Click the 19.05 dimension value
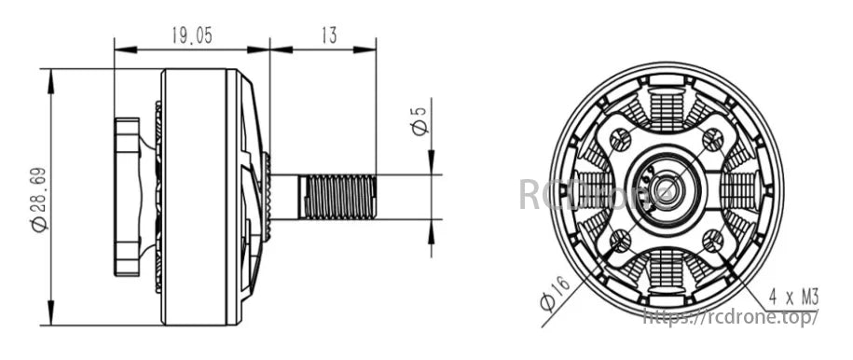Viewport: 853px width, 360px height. click(191, 35)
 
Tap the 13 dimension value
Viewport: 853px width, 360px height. click(328, 35)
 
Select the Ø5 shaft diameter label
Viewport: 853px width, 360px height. click(420, 120)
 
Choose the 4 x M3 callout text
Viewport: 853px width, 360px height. click(791, 298)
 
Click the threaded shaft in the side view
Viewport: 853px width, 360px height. click(337, 195)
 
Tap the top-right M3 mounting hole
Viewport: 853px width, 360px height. click(712, 141)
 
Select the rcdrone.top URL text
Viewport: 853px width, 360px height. click(732, 317)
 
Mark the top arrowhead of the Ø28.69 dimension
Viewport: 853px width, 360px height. click(49, 76)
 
